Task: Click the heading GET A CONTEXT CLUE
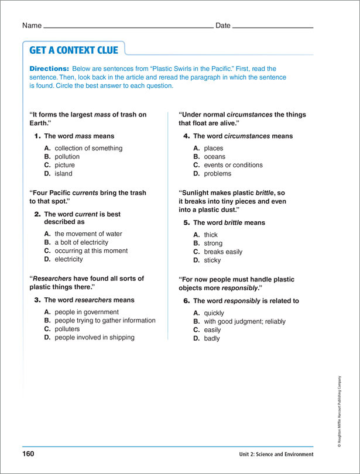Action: (x=74, y=50)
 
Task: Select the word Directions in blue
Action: (x=49, y=69)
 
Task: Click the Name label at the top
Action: (x=32, y=26)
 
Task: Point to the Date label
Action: (x=223, y=26)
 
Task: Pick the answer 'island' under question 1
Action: (x=64, y=173)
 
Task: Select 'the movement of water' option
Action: (x=88, y=234)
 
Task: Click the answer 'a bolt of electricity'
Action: (x=81, y=242)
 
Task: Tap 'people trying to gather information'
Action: (x=105, y=321)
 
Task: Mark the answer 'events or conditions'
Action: (x=234, y=165)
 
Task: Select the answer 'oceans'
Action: (x=214, y=157)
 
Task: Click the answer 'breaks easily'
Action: (x=223, y=252)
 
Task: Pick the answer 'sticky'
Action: (x=212, y=260)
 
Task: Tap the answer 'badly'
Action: (x=212, y=338)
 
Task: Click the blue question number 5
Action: (x=187, y=223)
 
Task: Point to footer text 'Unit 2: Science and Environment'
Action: (x=276, y=455)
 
